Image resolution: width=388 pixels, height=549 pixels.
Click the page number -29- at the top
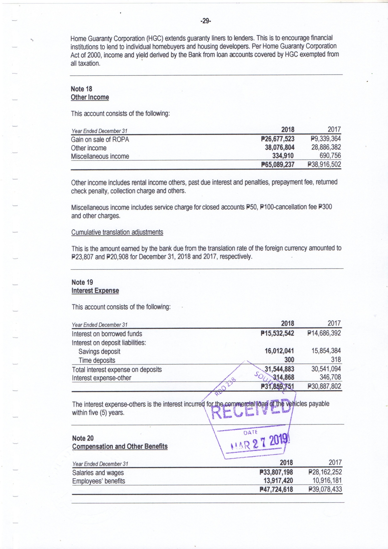pyautogui.click(x=206, y=21)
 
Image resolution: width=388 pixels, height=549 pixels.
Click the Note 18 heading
pyautogui.click(x=82, y=89)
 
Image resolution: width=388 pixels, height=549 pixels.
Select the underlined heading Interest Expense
pyautogui.click(x=95, y=291)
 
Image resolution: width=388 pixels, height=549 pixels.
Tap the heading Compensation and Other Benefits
pyautogui.click(x=120, y=446)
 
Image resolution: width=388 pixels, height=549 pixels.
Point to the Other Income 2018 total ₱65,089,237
pyautogui.click(x=278, y=165)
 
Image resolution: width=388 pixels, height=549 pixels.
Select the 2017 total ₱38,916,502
pyautogui.click(x=324, y=165)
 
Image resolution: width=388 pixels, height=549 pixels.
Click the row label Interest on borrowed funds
pyautogui.click(x=107, y=334)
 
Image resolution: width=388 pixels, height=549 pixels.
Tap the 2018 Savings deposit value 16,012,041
pyautogui.click(x=279, y=351)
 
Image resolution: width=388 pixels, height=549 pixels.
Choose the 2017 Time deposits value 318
pyautogui.click(x=336, y=360)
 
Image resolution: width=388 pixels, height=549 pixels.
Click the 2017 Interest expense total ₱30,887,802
pyautogui.click(x=324, y=386)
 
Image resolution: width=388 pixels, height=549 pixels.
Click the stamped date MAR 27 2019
pyautogui.click(x=260, y=442)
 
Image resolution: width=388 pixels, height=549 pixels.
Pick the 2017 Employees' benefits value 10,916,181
pyautogui.click(x=327, y=480)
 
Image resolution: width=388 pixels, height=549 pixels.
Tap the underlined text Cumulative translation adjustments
pyautogui.click(x=117, y=232)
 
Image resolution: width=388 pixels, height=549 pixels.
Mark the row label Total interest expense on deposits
pyautogui.click(x=117, y=369)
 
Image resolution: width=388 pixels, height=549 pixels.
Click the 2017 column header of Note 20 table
pyautogui.click(x=335, y=462)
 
